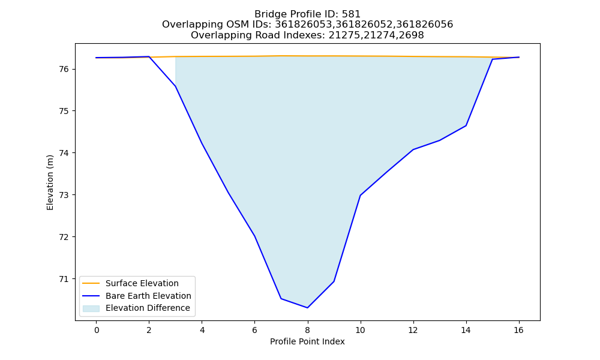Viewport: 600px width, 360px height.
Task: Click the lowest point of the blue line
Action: point(307,308)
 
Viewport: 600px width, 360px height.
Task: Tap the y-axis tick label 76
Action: point(64,69)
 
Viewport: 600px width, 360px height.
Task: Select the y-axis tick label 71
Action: point(64,279)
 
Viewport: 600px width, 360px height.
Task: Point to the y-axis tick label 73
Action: point(64,195)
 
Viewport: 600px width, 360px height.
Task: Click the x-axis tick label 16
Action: point(518,330)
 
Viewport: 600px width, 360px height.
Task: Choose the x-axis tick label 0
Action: point(97,330)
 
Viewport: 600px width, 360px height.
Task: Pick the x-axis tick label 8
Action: point(307,330)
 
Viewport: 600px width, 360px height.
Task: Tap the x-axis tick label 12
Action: point(413,330)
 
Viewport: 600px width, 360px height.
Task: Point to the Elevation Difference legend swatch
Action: point(91,308)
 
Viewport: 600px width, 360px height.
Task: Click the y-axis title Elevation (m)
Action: point(50,182)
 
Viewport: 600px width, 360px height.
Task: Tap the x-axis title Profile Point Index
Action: point(307,341)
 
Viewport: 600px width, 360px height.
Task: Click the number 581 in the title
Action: point(352,14)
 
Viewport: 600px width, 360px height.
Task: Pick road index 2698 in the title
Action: point(412,35)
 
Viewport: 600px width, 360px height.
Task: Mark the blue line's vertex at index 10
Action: point(361,195)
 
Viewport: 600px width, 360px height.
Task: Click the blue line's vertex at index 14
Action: point(466,125)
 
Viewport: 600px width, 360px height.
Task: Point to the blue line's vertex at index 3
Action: point(175,86)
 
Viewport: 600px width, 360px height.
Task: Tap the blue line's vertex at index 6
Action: point(254,236)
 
